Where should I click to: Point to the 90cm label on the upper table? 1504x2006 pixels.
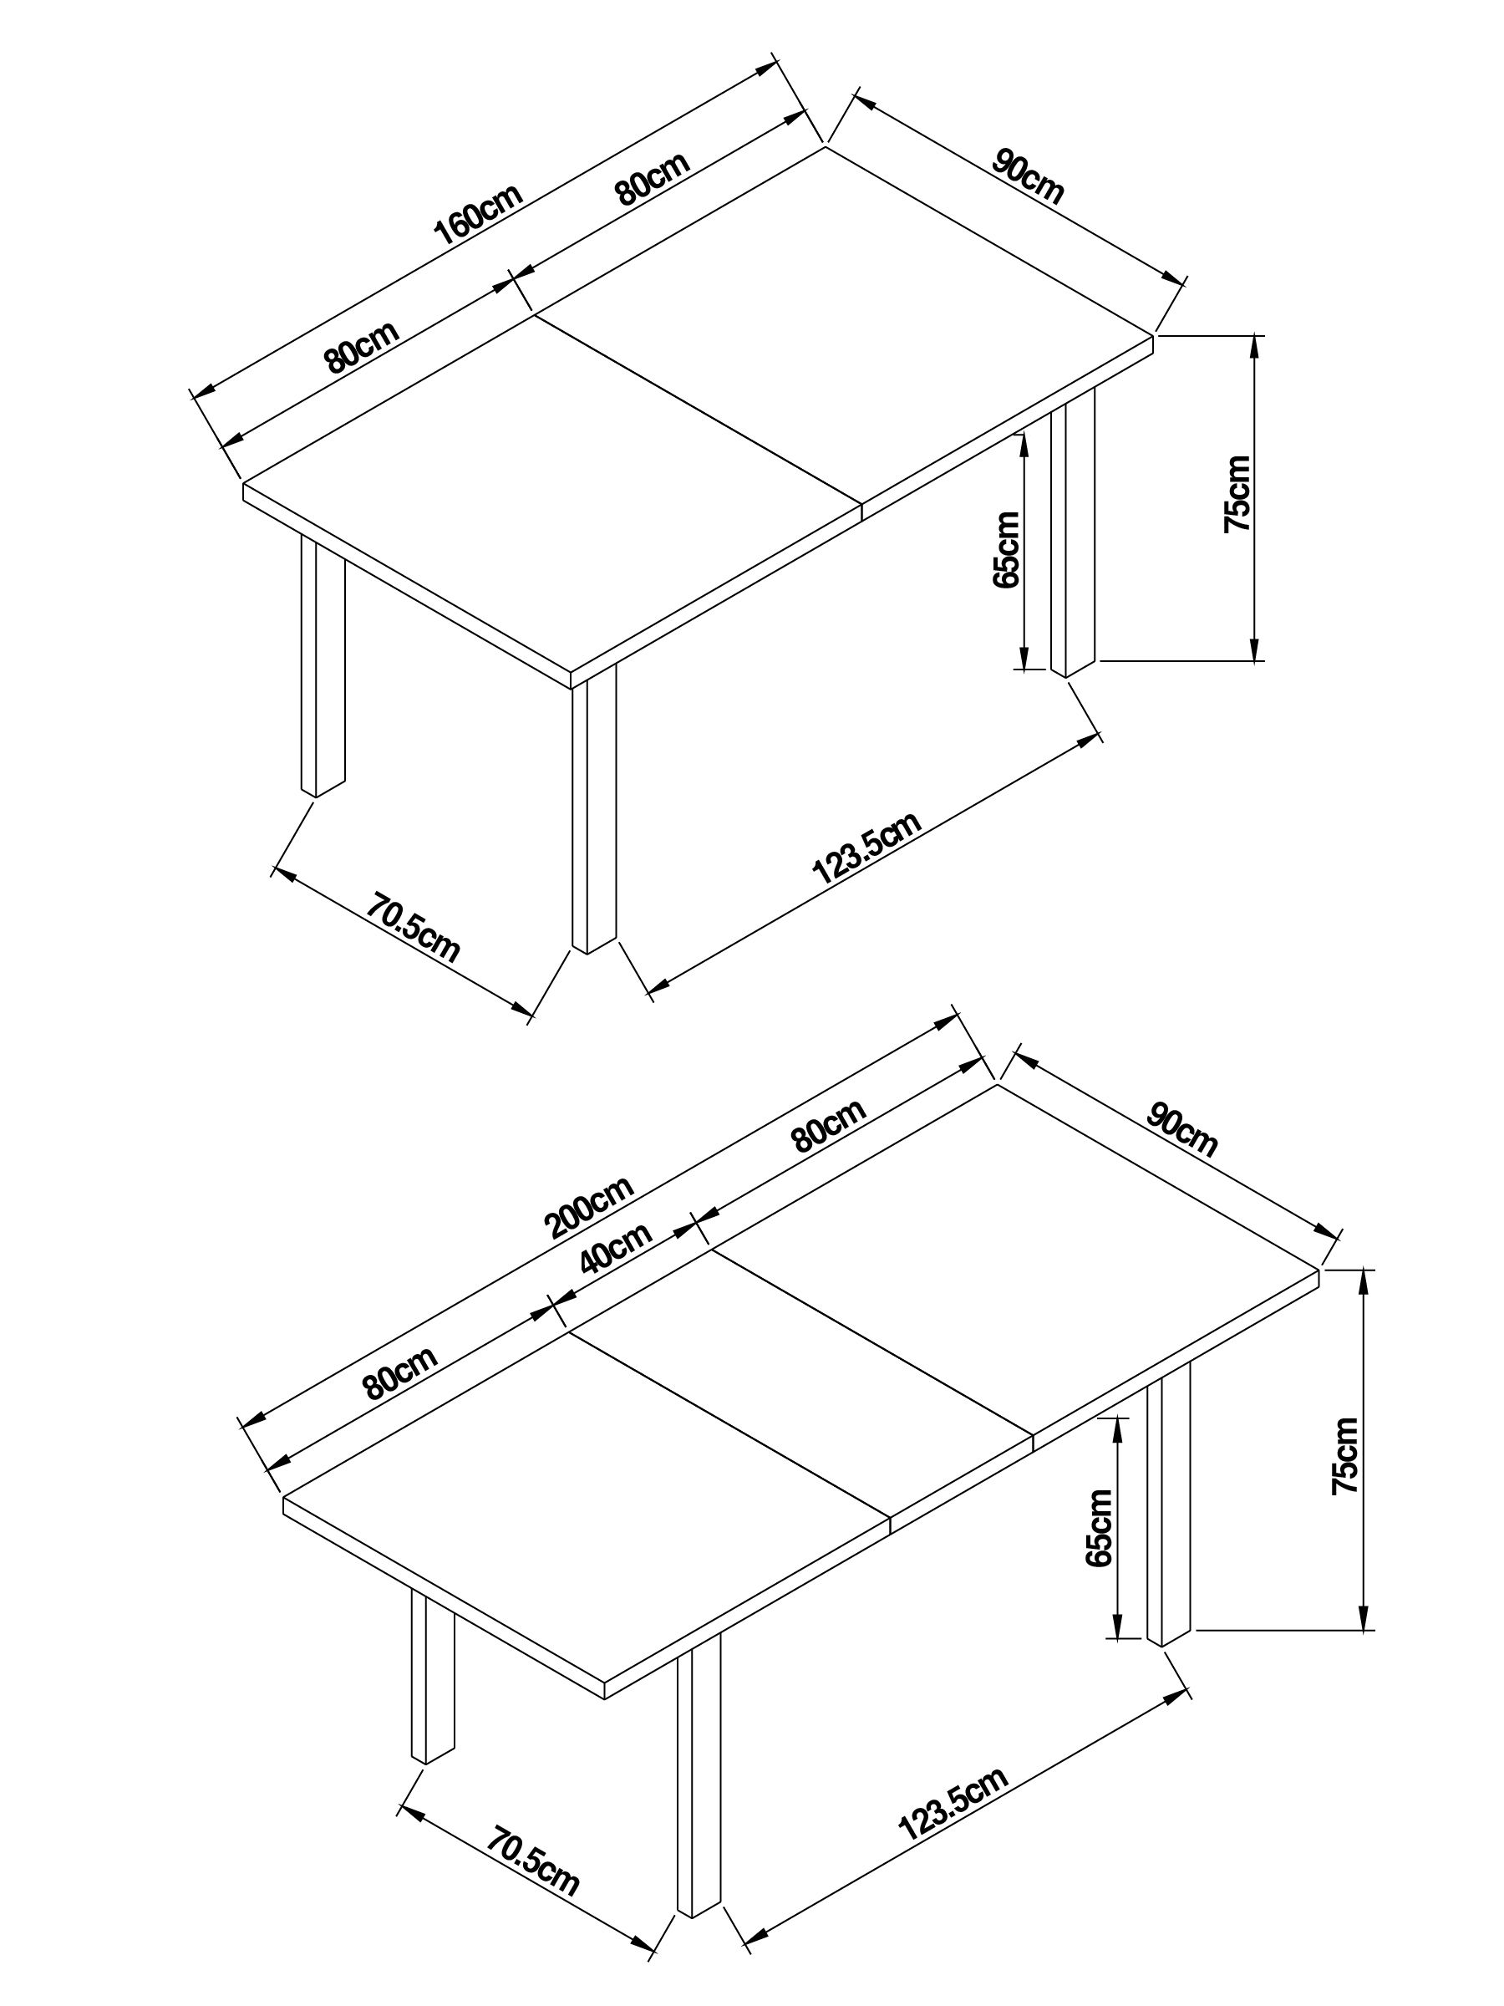click(1028, 177)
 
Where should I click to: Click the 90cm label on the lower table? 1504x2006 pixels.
click(1182, 1128)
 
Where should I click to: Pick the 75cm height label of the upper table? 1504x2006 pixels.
click(1237, 494)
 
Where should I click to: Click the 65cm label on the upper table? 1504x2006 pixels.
click(1006, 551)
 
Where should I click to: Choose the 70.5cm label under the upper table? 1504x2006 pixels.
click(414, 928)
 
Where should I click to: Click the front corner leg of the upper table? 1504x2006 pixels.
click(594, 812)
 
